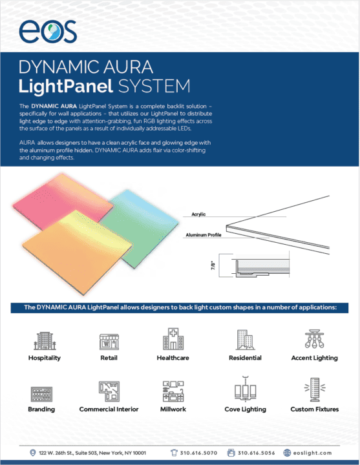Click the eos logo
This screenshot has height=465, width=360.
pos(48,32)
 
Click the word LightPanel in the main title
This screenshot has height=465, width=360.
pos(65,87)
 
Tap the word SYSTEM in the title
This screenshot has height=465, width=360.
pos(154,87)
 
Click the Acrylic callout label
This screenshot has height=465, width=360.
pos(198,214)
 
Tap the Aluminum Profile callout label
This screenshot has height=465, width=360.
pos(204,235)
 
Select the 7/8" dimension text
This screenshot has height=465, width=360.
pos(213,265)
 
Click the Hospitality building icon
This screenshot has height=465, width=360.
pos(45,341)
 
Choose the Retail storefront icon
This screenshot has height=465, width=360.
pos(109,342)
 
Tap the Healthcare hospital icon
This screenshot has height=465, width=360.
pos(173,339)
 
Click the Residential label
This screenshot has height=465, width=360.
pos(245,358)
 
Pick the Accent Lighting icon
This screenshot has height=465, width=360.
pos(314,338)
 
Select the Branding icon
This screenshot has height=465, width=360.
pos(41,394)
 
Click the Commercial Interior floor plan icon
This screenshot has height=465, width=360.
pos(109,391)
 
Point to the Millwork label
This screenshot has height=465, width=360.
pos(173,409)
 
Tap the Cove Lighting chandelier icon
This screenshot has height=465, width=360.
pos(245,388)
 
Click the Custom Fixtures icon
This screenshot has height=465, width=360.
pos(315,389)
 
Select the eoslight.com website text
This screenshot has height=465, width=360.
pos(313,453)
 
